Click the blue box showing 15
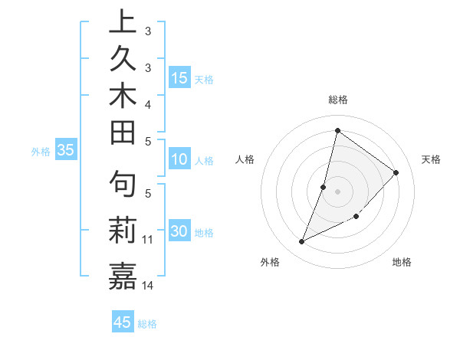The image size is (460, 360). click(179, 78)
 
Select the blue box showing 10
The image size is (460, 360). click(179, 160)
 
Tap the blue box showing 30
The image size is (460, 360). click(179, 232)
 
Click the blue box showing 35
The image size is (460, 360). click(66, 151)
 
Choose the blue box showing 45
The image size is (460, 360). click(123, 322)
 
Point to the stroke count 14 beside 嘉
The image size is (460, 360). click(148, 286)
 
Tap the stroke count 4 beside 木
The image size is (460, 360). click(148, 103)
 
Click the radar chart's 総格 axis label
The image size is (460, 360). click(337, 100)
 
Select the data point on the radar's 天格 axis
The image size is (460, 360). click(396, 172)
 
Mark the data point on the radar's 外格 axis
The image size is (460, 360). click(302, 242)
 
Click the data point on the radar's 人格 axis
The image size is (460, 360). click(324, 187)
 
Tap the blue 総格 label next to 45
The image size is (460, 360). click(147, 324)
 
